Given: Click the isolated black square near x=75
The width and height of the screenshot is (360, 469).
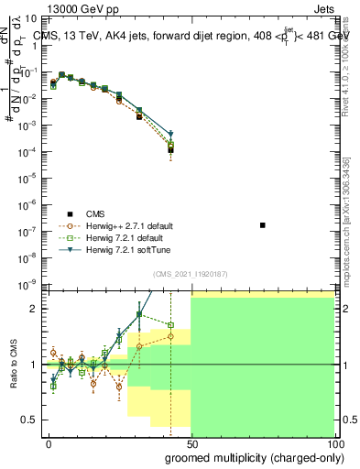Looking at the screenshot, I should tap(263, 224).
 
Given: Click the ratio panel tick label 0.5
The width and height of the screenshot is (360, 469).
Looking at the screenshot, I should tap(30, 420).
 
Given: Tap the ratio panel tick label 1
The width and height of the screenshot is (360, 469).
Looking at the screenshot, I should tap(34, 365).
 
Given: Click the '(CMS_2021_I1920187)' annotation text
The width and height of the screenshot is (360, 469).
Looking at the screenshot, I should tap(191, 275).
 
